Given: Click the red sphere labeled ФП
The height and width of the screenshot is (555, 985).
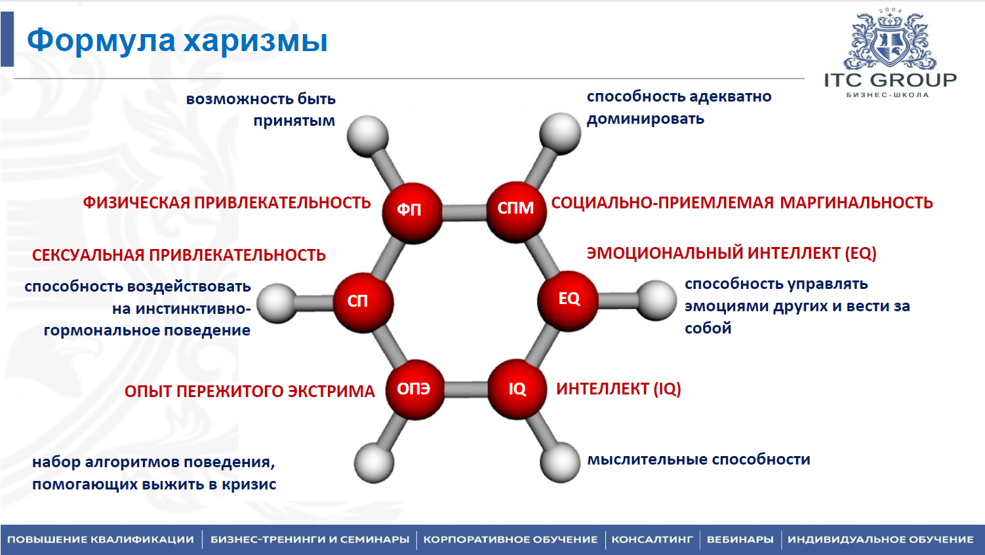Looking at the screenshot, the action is pos(412,213).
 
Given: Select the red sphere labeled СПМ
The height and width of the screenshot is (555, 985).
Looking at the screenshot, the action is pos(516,212).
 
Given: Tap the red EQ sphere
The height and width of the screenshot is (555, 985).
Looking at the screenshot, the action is pos(568,301).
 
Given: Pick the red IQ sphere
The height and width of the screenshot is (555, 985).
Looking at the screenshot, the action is pos(517,389).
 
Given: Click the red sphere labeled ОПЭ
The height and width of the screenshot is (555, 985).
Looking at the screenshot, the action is pos(415,390).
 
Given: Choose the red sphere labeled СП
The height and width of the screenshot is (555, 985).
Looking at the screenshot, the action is pos(363,303).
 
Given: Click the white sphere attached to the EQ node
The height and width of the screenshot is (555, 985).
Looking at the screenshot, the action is pos(656,301).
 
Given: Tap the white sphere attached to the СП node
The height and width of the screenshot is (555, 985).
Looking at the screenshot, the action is pos(277,303).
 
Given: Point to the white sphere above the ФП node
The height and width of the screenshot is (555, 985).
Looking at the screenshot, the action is pos(368,136).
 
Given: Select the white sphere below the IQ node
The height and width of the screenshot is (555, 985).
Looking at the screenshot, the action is pos(560,463).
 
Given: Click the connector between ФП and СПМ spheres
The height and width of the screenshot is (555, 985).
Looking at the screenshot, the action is pos(464,213).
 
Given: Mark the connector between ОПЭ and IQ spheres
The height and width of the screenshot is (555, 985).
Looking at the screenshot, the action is pos(466,389).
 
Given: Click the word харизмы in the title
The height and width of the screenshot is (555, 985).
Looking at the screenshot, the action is pos(256,41).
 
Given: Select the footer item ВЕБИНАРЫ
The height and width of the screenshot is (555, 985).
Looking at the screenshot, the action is pos(740,540).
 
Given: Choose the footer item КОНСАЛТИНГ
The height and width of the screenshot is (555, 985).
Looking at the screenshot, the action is pos(652,540).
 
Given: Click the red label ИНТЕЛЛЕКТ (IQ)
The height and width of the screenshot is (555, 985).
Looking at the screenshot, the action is pos(618,389).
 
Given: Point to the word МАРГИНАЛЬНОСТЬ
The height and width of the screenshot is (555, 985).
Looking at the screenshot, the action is pos(856,203).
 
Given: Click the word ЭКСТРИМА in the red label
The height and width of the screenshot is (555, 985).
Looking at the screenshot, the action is pos(331,391).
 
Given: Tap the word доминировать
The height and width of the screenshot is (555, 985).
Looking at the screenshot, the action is pos(645,119).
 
